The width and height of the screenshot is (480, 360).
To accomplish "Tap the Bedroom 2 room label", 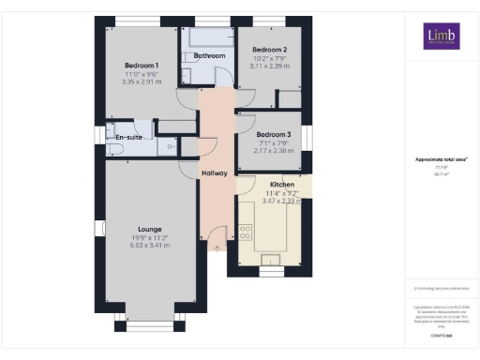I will pyautogui.click(x=269, y=49).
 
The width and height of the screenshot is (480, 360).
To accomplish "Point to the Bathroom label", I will pyautogui.click(x=209, y=56).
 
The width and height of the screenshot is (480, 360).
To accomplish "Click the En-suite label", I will pyautogui.click(x=127, y=138).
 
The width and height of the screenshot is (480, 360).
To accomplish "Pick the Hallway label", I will pyautogui.click(x=215, y=173).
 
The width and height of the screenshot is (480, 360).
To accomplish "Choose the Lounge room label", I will pyautogui.click(x=148, y=229).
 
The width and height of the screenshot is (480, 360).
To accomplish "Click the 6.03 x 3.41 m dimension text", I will pyautogui.click(x=148, y=246).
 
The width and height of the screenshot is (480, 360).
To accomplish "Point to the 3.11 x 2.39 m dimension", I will pyautogui.click(x=269, y=66).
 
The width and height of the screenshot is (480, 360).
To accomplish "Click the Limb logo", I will pyautogui.click(x=438, y=37).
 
